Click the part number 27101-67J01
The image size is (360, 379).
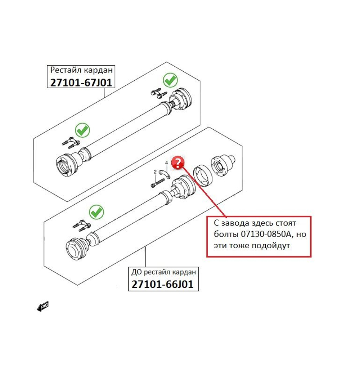81,83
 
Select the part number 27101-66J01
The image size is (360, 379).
162,284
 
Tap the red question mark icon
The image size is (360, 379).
178,163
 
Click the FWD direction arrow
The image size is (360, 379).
43,307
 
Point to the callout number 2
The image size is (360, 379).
155,172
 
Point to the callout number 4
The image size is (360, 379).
166,163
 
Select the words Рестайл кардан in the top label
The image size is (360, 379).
81,70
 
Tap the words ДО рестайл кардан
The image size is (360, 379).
163,272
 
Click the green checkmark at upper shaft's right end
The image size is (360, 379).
170,80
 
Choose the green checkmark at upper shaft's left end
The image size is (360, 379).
82,130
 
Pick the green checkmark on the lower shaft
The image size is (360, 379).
96,212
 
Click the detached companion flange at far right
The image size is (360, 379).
222,165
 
